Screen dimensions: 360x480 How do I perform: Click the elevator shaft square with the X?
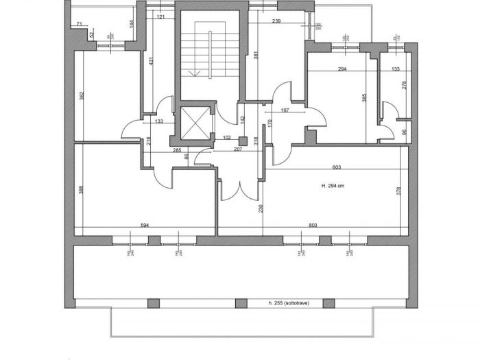[195, 123]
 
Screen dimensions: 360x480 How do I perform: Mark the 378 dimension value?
[398, 191]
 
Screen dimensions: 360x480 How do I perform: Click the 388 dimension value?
[80, 190]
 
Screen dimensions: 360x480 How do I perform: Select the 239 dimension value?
[276, 21]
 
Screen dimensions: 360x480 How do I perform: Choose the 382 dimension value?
[81, 96]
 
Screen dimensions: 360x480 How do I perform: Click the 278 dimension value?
[403, 86]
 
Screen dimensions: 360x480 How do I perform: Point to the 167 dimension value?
[285, 110]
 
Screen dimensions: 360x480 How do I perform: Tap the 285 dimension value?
[176, 150]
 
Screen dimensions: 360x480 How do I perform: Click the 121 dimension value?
[160, 16]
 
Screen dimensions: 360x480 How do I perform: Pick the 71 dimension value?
[80, 25]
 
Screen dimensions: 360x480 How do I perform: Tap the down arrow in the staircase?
[197, 72]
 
